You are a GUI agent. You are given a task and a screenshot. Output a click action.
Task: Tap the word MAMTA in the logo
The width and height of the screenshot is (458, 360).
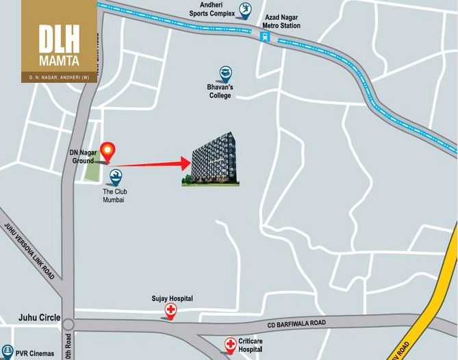tap(59, 60)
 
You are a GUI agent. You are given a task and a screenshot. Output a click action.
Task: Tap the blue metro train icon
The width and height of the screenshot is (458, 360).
tap(264, 38)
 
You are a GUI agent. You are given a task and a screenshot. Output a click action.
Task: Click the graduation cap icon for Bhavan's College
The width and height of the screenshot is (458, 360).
tap(225, 73)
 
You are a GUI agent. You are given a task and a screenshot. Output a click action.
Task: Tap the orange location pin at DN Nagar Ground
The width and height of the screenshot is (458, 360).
tap(107, 151)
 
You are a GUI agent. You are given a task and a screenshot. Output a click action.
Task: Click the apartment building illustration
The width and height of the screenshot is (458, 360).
tap(215, 160)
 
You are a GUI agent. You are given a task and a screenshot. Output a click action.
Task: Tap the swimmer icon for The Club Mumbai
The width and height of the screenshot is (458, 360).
tap(116, 177)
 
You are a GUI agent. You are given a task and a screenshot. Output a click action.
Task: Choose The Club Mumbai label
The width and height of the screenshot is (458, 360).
tap(115, 196)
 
